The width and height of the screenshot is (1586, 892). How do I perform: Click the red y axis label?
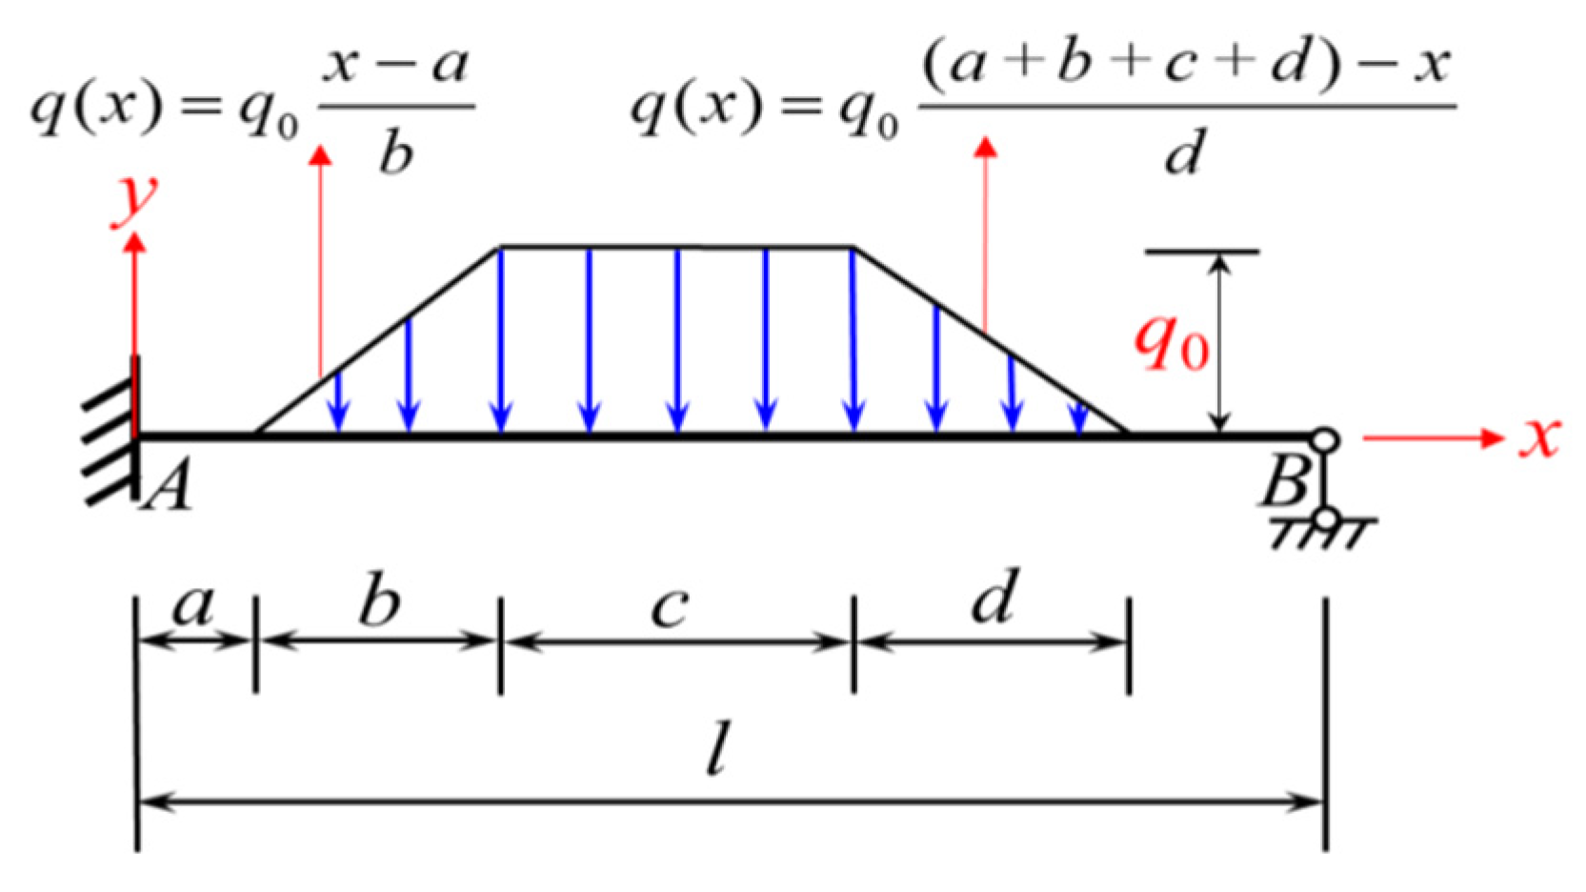[134, 199]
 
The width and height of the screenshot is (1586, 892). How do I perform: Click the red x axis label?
[1538, 437]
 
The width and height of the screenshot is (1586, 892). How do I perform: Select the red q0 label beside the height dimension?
[1171, 342]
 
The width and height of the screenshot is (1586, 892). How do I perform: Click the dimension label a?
[194, 605]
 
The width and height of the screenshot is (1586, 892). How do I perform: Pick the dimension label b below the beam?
[379, 601]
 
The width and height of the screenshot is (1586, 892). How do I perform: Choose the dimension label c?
[670, 607]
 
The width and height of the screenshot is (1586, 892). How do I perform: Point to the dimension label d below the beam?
[995, 598]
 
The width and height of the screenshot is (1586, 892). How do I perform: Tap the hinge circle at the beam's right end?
[1323, 440]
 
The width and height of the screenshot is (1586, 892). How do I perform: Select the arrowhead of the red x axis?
[1490, 437]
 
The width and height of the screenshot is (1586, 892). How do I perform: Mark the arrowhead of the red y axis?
[135, 244]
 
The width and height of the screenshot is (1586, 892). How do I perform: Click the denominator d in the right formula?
[1184, 151]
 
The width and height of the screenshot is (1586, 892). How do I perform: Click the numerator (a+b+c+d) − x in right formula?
[1185, 65]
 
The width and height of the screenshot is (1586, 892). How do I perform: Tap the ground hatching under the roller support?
[1322, 535]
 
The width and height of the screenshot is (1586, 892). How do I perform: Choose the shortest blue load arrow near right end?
[1078, 417]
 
